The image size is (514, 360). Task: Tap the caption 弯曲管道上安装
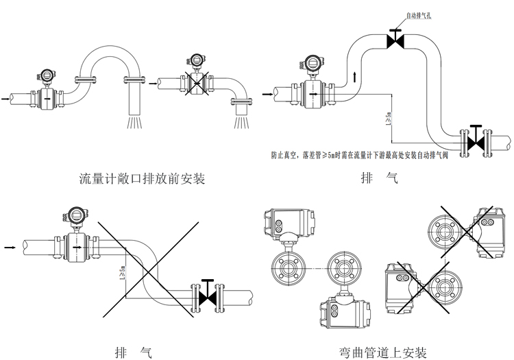click(x=383, y=352)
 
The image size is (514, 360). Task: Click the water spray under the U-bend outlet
click(x=135, y=122)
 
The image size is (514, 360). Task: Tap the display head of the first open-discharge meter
click(x=49, y=75)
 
